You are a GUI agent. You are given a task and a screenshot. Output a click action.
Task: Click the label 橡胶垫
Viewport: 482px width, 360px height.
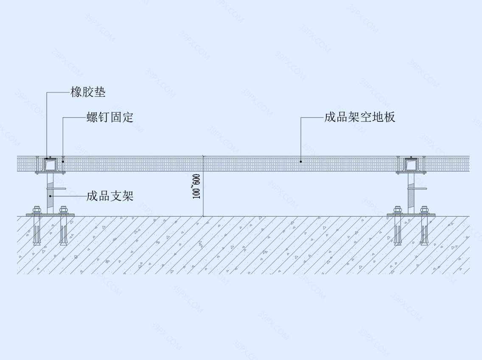(88, 92)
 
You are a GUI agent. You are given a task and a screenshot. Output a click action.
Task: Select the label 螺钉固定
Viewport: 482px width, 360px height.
(110, 117)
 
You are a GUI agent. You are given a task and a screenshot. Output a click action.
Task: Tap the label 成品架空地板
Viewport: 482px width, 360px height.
(360, 117)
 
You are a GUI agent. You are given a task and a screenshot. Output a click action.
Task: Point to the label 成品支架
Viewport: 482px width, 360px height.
(110, 196)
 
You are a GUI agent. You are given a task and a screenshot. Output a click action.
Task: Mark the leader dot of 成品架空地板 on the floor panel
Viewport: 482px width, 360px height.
(301, 162)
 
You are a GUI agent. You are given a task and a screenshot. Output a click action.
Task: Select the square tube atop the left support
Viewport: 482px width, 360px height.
(50, 165)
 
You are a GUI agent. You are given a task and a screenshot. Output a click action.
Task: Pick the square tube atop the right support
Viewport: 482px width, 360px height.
(411, 165)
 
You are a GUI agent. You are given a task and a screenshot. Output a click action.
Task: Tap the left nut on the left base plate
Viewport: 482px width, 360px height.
(36, 210)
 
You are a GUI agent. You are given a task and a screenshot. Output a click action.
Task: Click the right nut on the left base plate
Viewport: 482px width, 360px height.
(64, 210)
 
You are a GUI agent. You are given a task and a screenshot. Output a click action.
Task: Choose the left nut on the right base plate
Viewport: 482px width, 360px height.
(398, 210)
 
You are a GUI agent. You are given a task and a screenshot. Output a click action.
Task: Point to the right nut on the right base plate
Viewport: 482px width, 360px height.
(425, 210)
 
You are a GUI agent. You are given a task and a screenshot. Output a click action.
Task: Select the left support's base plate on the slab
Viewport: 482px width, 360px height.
(50, 215)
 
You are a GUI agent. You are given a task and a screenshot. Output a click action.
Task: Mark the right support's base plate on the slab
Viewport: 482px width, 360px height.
(411, 215)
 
